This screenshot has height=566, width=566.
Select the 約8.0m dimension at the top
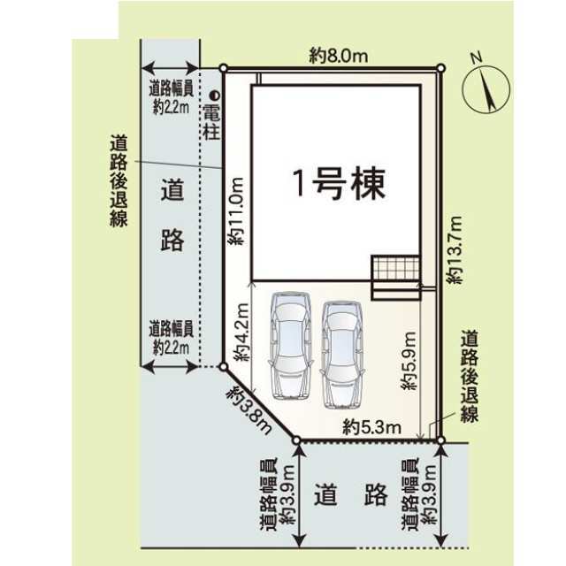[339, 55]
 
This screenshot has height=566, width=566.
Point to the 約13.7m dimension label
[455, 248]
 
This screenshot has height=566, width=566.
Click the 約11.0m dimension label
[235, 211]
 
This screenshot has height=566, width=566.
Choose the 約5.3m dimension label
[372, 428]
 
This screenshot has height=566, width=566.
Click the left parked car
[290, 344]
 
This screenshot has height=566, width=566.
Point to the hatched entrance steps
[394, 268]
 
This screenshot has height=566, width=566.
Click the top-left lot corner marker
[224, 67]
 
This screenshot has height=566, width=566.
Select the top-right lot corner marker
[440, 67]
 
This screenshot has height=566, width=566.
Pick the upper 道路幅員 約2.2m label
[170, 96]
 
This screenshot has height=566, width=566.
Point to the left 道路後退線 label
[118, 180]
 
